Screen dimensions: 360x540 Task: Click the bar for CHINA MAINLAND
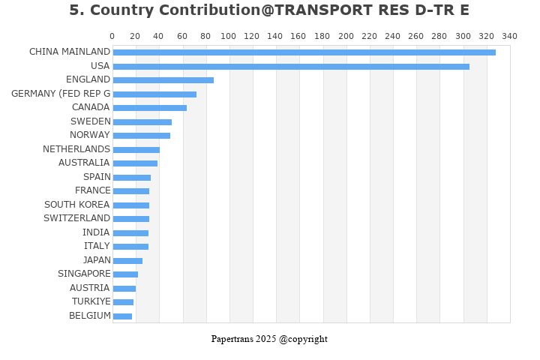[304, 52]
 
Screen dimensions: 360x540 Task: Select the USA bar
[291, 67]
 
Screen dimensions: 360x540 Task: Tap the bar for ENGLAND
[163, 80]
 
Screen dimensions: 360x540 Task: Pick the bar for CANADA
[149, 108]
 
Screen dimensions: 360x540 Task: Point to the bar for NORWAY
[141, 136]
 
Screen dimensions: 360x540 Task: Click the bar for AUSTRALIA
[135, 163]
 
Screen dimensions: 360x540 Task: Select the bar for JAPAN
[127, 261]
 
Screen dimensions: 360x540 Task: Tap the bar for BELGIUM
[122, 316]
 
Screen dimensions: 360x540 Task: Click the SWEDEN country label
[90, 121]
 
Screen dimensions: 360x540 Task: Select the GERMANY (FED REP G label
[61, 94]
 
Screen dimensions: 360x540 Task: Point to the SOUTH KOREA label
[76, 205]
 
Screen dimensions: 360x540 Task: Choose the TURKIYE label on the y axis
[91, 301]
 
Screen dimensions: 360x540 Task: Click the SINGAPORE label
[84, 274]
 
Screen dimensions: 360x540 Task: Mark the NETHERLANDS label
[76, 149]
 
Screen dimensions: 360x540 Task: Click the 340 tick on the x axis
[509, 36]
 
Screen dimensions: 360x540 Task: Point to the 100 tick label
[229, 36]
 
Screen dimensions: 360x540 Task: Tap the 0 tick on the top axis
[112, 36]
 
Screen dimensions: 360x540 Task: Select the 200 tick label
[346, 36]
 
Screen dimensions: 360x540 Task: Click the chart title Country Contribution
[269, 10]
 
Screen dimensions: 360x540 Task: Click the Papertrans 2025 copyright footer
[269, 339]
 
